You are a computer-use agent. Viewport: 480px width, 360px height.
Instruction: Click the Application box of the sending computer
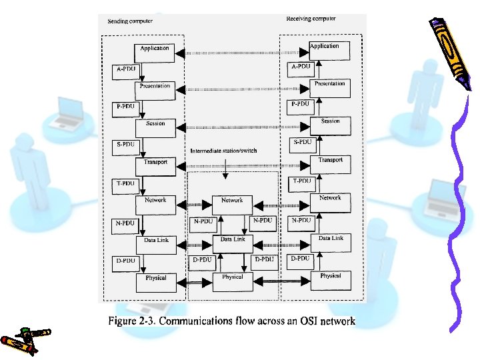point(155,49)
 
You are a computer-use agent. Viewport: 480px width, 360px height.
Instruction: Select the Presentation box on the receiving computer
point(330,85)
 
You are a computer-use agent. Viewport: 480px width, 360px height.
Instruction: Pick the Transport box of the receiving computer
point(330,161)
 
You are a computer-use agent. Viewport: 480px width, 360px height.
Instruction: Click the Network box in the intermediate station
point(232,201)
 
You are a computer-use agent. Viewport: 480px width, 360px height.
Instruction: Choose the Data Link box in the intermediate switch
point(232,239)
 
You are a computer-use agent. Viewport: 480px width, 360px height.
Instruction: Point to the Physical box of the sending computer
point(155,278)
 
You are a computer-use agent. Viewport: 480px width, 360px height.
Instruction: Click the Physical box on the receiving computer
point(330,276)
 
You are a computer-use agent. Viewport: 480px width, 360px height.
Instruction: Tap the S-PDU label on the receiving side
point(302,142)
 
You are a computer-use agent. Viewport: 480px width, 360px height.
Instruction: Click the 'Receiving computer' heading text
point(311,19)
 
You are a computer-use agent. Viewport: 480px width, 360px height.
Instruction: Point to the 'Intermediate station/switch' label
point(223,151)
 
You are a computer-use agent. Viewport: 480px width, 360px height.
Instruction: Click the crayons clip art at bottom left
point(25,338)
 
